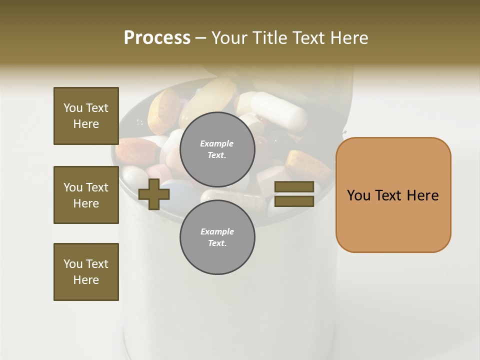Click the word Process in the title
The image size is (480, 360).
[x=157, y=38]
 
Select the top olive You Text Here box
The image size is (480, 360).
[x=86, y=116]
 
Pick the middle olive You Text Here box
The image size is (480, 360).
[x=86, y=195]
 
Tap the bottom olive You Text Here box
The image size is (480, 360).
[x=86, y=272]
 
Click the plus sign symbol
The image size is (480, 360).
[x=154, y=194]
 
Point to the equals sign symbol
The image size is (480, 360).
[x=294, y=194]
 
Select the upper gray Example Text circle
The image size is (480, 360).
[x=217, y=149]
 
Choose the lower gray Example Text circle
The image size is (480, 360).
[x=217, y=237]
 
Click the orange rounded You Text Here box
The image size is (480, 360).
[x=393, y=195]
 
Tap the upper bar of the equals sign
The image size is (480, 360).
[x=294, y=187]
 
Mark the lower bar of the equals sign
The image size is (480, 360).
[x=294, y=201]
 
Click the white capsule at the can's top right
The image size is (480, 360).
[x=278, y=111]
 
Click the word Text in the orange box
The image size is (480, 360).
[x=392, y=195]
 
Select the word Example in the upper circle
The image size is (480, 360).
[x=217, y=143]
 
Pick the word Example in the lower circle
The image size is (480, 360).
[x=217, y=231]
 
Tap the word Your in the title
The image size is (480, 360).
[x=229, y=38]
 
